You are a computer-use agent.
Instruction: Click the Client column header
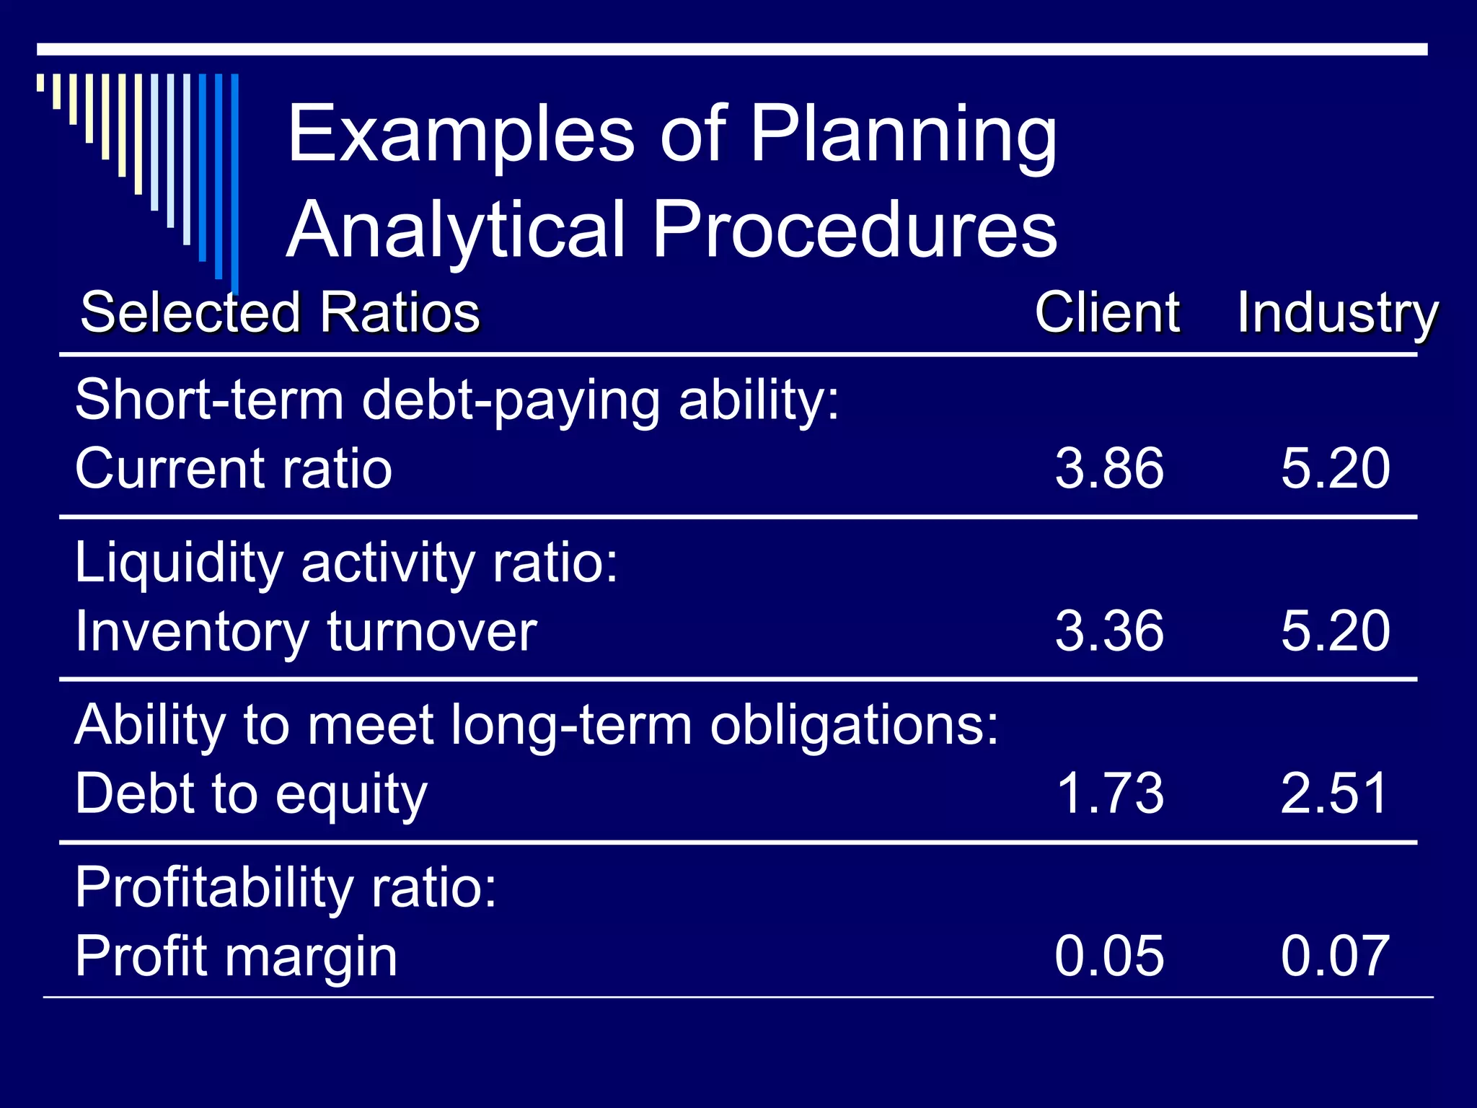click(x=1107, y=312)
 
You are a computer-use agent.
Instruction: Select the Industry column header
click(x=1338, y=312)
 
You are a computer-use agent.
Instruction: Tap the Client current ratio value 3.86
click(x=1109, y=468)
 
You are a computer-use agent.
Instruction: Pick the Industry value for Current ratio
click(x=1335, y=468)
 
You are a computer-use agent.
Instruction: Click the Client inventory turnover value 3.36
click(x=1109, y=630)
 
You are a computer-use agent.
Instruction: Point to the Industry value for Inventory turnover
click(x=1335, y=630)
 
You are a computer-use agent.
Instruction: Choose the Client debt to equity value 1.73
click(x=1109, y=793)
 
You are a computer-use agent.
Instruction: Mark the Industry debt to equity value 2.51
click(x=1335, y=793)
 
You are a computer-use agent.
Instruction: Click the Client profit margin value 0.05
click(x=1109, y=956)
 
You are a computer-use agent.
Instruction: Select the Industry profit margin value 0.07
click(x=1335, y=956)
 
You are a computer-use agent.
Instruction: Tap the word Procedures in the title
click(x=854, y=229)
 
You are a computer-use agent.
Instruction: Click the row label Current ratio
click(x=234, y=468)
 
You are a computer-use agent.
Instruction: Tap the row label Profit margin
click(x=237, y=957)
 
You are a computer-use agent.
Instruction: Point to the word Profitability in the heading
click(x=214, y=888)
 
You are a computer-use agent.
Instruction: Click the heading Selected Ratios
click(x=280, y=312)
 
